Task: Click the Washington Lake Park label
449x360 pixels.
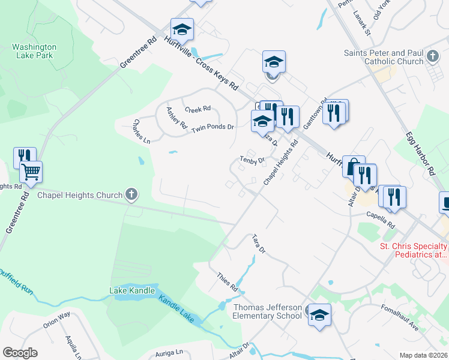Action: (34, 51)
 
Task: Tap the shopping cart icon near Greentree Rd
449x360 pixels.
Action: (31, 172)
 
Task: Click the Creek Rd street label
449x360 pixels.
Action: (197, 109)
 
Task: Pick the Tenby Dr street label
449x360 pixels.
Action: (252, 160)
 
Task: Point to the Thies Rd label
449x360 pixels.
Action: (228, 280)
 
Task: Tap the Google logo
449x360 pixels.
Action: (20, 353)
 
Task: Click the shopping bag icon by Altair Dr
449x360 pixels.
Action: (353, 166)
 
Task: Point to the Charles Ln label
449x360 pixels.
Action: (142, 131)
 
